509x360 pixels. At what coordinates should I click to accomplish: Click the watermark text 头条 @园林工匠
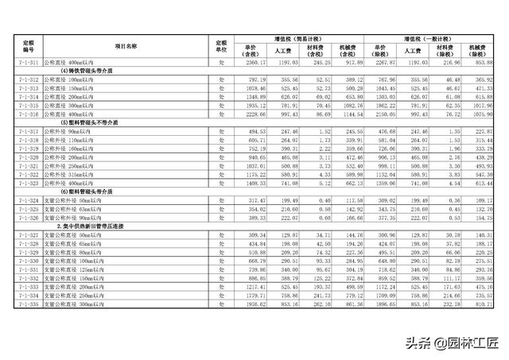[452, 343]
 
